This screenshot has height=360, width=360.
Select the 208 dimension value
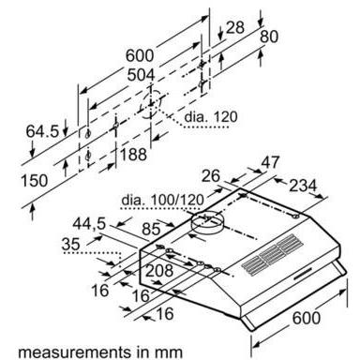click(x=162, y=272)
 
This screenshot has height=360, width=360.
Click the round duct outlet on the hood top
click(x=209, y=223)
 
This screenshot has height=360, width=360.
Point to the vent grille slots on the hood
click(x=273, y=255)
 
